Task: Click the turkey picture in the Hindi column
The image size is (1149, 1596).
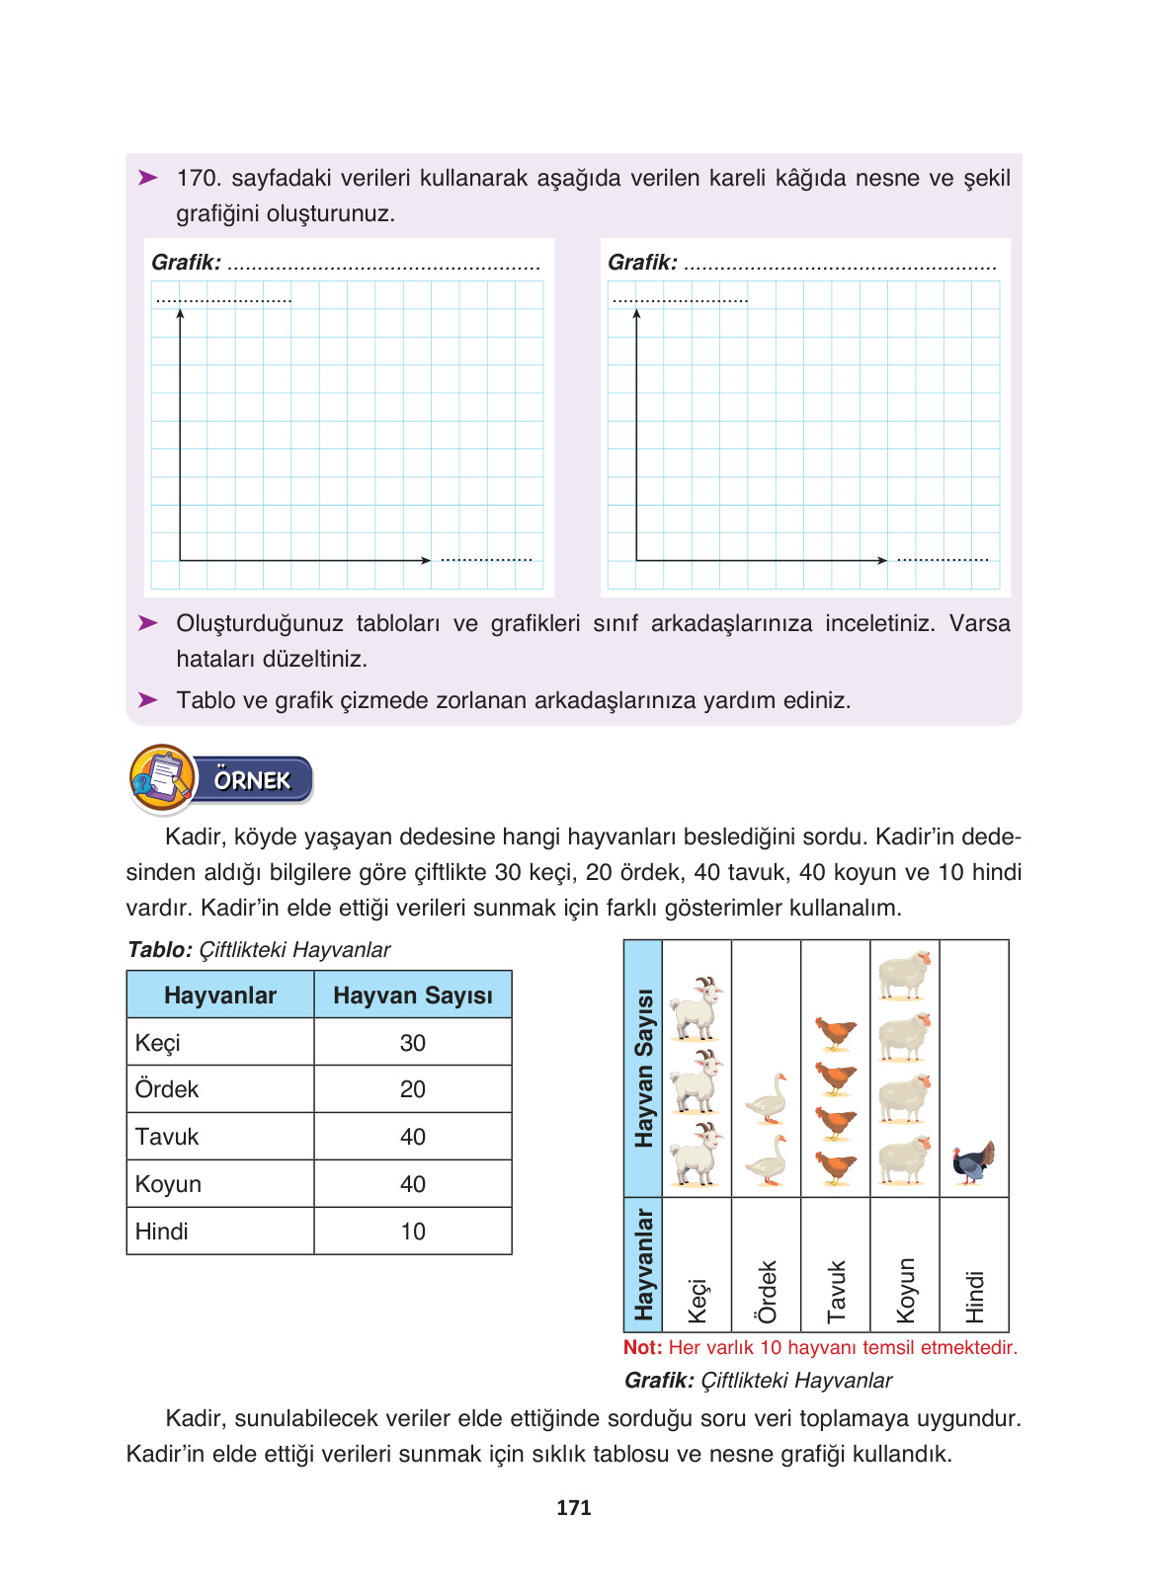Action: tap(973, 1162)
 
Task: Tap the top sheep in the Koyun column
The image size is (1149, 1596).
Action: tap(904, 975)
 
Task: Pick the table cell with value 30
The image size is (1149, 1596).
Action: tap(412, 1043)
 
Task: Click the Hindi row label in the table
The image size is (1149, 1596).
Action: tap(162, 1232)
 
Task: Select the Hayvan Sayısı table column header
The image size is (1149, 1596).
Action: tap(412, 996)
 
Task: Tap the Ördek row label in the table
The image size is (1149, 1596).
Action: tap(167, 1089)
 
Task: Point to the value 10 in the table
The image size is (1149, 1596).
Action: tap(412, 1232)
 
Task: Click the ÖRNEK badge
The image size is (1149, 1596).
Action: tap(253, 780)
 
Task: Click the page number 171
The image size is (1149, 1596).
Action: tap(573, 1507)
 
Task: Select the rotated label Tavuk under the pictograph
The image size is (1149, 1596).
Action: tap(836, 1291)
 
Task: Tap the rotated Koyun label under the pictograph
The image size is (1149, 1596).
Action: tap(905, 1290)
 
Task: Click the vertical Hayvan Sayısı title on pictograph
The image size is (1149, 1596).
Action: tap(643, 1068)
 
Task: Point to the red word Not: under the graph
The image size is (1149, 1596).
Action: tap(642, 1347)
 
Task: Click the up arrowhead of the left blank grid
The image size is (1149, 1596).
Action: tap(180, 314)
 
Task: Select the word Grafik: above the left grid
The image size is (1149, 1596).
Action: tap(186, 263)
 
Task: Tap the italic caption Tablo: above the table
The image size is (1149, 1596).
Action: tap(160, 950)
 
